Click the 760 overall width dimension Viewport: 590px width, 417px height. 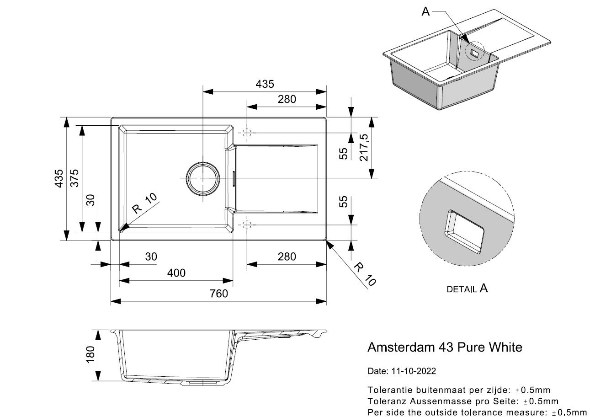coord(219,294)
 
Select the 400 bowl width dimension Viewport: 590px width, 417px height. coord(176,273)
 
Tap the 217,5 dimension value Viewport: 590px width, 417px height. coord(364,148)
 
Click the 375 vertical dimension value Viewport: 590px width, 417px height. coord(74,178)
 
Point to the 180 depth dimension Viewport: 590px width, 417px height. coord(90,355)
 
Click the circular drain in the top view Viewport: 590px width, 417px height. coord(202,178)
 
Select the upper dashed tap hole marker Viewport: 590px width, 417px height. coord(247,133)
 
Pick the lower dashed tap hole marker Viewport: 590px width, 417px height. coord(247,225)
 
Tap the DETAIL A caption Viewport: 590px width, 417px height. coord(467,289)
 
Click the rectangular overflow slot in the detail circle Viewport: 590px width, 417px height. coord(465,232)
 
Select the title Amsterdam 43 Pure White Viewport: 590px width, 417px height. coord(445,347)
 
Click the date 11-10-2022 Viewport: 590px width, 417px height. coord(413,371)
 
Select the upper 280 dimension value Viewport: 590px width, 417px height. coord(287,99)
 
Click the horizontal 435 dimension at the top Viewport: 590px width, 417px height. coord(265,84)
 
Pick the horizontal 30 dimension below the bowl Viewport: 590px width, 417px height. coord(151,257)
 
